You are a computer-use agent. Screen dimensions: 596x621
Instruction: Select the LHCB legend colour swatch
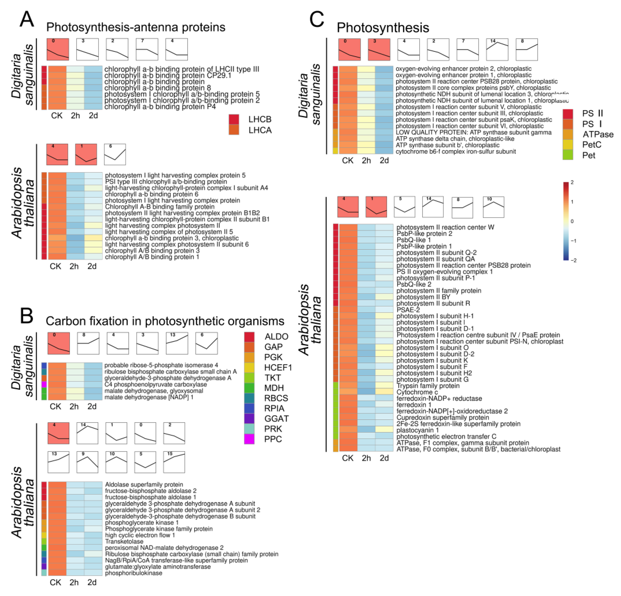coord(234,119)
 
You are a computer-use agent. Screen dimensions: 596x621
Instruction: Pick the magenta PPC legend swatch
coord(249,439)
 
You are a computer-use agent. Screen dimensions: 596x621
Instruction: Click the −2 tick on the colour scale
coord(573,260)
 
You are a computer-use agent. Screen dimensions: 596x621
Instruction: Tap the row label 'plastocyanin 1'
coord(418,430)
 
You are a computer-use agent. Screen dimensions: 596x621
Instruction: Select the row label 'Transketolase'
coord(124,541)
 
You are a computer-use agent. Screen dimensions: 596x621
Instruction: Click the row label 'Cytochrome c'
coord(417,392)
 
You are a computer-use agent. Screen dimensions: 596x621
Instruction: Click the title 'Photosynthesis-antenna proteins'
coord(136,27)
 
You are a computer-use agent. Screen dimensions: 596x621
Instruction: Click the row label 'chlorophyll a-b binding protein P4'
coord(160,107)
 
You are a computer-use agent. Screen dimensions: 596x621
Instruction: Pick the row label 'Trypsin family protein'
coord(428,386)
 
